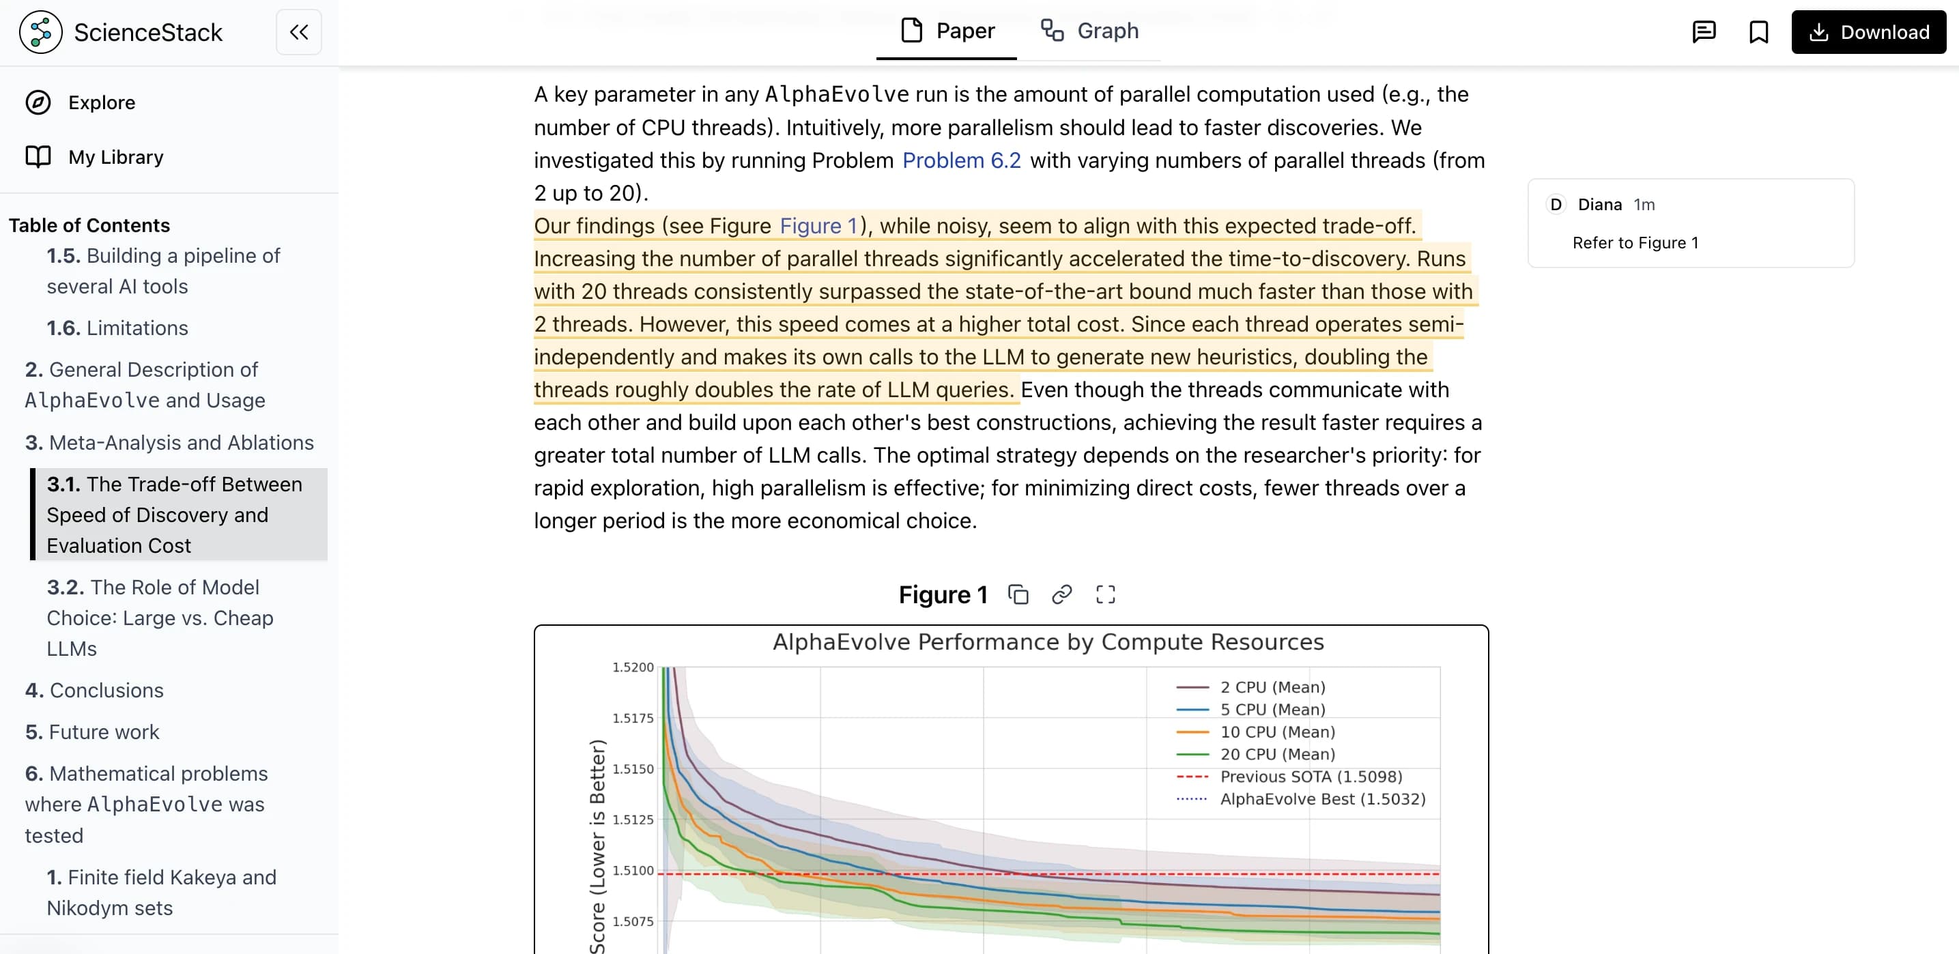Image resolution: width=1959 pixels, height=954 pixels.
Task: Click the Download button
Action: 1868,32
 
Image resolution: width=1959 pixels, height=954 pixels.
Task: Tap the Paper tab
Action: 947,31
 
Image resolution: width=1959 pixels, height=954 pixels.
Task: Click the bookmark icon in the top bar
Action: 1758,32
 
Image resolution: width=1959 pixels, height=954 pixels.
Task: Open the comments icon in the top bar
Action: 1704,32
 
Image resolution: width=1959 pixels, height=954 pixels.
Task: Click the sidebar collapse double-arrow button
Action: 299,32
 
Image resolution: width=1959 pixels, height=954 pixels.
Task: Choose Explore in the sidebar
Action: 101,102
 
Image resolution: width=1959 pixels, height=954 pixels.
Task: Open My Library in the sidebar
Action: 115,158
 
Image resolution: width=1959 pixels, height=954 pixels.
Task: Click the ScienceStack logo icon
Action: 40,32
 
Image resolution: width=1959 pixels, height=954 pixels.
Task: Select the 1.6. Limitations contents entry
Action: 117,328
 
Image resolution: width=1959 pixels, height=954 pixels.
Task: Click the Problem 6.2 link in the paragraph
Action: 961,160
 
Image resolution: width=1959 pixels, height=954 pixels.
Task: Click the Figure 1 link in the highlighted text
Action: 818,226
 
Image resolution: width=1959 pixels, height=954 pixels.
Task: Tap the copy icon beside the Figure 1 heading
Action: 1018,594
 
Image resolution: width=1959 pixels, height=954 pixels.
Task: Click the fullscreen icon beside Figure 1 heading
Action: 1105,594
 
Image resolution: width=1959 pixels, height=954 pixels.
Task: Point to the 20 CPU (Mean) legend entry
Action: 1277,754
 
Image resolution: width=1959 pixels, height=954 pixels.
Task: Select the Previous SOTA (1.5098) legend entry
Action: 1311,776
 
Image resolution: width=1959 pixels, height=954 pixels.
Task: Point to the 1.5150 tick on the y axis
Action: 633,768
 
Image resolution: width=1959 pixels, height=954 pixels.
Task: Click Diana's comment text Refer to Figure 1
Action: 1635,242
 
